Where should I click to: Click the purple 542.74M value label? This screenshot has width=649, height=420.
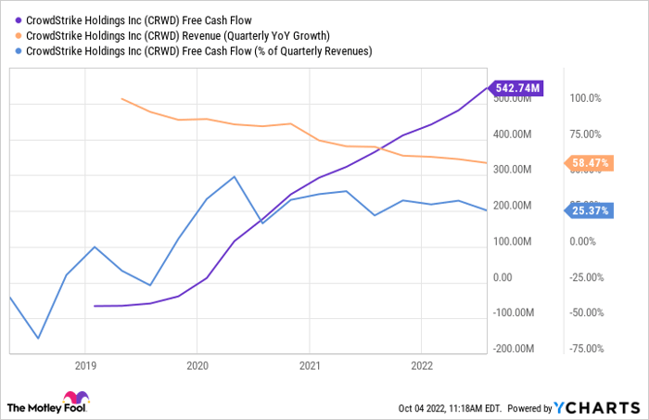tap(518, 88)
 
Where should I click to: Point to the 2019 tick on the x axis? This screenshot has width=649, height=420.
tap(84, 364)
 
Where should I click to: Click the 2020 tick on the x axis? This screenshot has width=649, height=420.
tap(197, 364)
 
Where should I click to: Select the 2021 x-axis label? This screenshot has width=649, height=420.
tap(309, 364)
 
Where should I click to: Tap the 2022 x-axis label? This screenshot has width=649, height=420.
tap(421, 364)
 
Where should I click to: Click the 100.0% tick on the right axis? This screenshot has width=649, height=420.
tap(585, 97)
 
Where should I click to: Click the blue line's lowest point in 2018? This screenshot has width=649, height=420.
tap(38, 338)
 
